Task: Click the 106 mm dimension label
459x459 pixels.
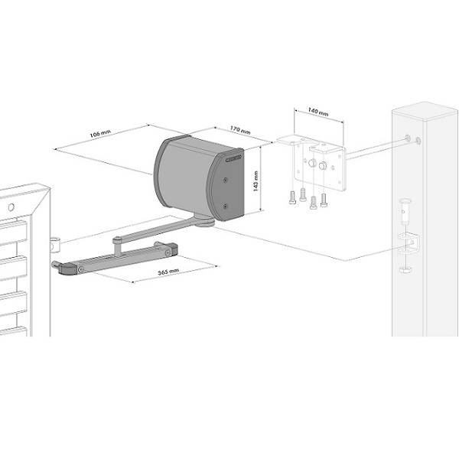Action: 100,133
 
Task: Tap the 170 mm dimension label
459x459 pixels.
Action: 240,130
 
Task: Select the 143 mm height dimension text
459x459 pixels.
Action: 256,181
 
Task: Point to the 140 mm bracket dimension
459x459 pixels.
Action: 318,112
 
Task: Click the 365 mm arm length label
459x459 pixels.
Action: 168,272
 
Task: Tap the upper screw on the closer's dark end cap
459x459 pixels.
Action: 225,180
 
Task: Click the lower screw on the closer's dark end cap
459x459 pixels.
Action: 225,207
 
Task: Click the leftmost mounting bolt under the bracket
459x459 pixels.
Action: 292,197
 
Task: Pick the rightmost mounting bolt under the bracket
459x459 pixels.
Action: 324,200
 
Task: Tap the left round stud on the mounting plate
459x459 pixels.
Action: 312,163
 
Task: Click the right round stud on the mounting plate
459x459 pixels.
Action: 323,166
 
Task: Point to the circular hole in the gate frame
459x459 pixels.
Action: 11,207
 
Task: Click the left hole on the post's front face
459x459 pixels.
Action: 408,138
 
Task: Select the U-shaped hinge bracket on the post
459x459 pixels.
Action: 409,243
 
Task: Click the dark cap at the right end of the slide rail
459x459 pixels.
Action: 171,248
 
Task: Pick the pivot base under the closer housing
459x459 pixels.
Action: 204,222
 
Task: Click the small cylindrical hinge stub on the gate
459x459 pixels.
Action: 55,245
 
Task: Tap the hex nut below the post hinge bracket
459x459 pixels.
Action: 405,269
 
